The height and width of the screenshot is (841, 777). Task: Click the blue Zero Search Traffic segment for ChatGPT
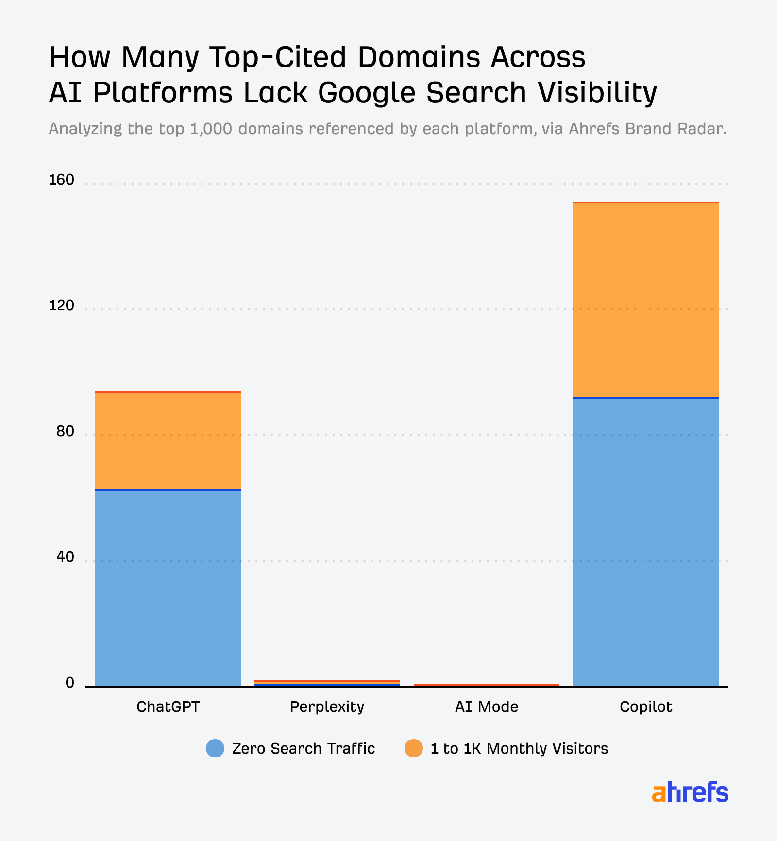tap(168, 588)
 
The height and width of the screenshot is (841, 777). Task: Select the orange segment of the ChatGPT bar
tap(168, 441)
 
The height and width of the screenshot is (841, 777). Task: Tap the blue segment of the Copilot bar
tap(645, 541)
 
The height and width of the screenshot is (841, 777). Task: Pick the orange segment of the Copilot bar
tap(645, 300)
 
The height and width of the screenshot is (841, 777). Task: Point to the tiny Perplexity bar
tap(327, 682)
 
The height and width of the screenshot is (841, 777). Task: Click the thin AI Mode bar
tap(486, 685)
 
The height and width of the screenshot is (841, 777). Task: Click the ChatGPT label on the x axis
tap(168, 706)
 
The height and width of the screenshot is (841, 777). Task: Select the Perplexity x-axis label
tap(327, 706)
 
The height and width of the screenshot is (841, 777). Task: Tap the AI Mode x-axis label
tap(486, 706)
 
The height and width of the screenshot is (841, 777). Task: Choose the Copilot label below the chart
tap(645, 706)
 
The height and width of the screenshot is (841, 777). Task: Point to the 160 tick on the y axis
tap(62, 180)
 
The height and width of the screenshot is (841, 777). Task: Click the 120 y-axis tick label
tap(62, 306)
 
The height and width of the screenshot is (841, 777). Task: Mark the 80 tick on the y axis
tap(65, 432)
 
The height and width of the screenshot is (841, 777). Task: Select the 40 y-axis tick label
tap(65, 557)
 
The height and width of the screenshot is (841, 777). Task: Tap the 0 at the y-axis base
tap(70, 683)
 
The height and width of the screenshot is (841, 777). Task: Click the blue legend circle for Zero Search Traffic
tap(215, 748)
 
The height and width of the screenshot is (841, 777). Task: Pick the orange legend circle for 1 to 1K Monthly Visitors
tap(414, 748)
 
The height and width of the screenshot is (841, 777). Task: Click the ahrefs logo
tap(690, 792)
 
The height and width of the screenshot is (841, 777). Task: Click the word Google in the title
tap(367, 92)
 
